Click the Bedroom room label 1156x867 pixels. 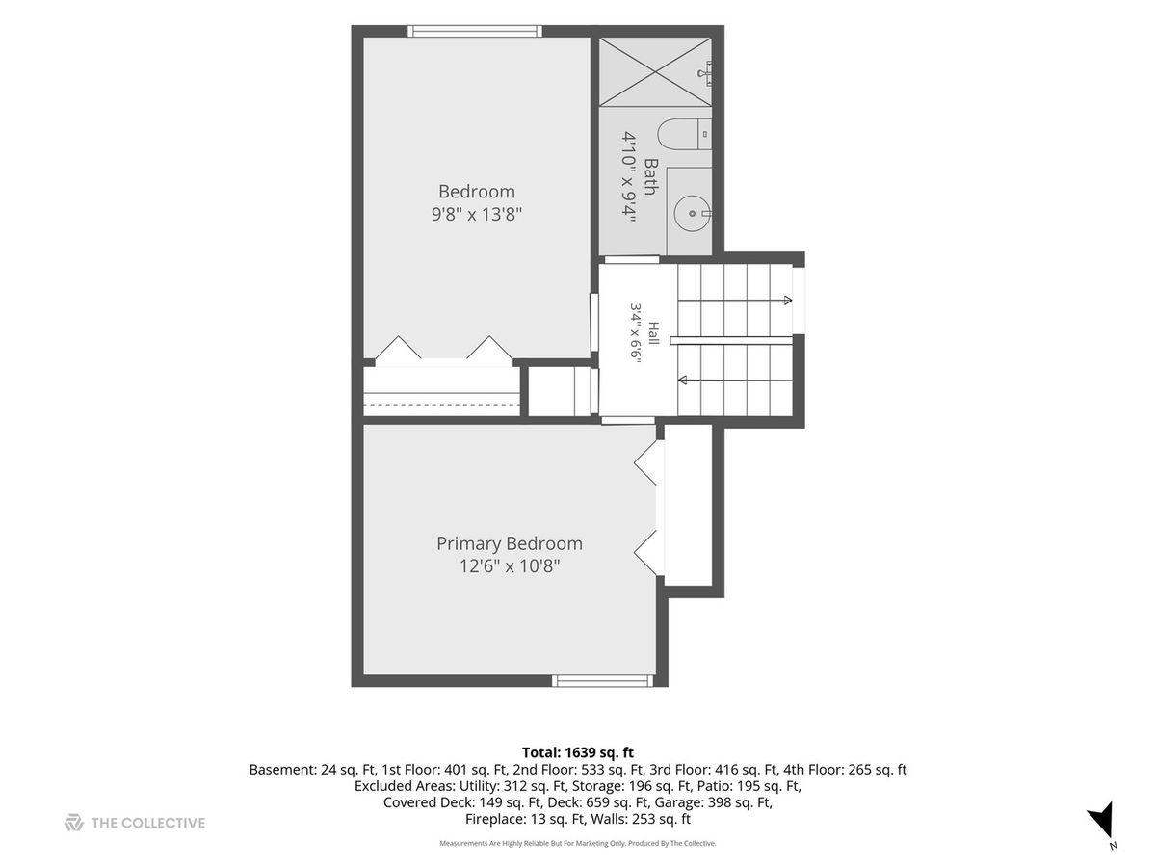476,192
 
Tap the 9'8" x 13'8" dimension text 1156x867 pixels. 476,215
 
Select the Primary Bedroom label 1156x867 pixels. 510,543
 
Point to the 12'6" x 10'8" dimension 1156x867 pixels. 510,567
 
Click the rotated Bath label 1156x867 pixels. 651,177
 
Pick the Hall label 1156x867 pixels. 653,333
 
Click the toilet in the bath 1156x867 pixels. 684,134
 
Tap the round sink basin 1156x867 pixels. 692,213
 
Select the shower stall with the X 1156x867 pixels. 655,71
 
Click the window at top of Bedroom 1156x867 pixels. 475,31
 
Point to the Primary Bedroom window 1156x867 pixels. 602,681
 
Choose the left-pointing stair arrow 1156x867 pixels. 735,380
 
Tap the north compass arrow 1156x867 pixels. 1102,824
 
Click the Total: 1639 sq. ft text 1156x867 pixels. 578,752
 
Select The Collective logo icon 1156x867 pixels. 74,823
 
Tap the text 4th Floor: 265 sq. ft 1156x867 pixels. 845,770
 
